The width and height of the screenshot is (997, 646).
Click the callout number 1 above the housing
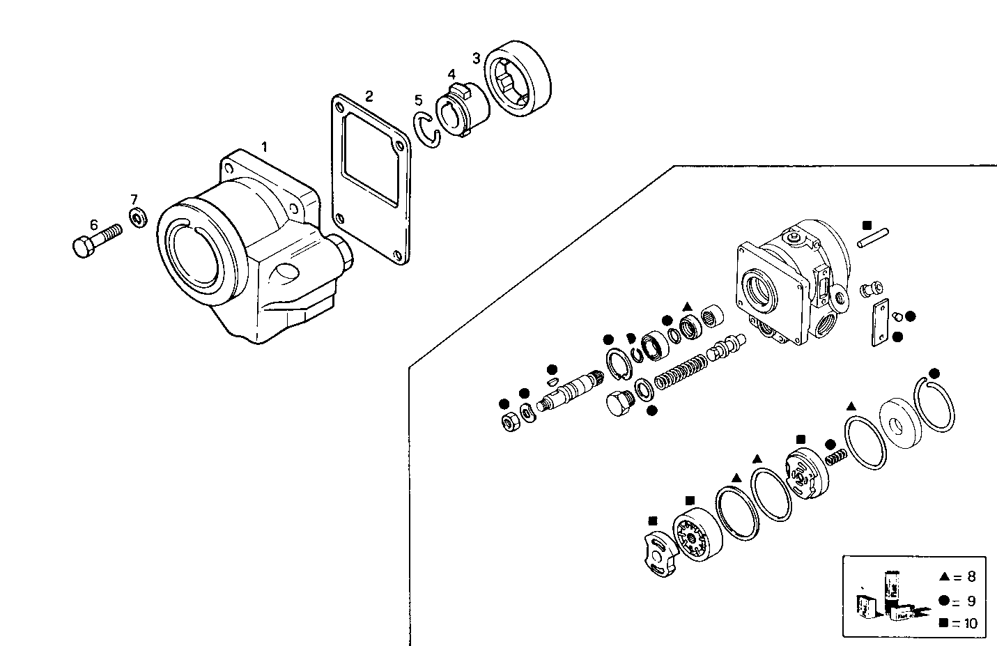pos(264,146)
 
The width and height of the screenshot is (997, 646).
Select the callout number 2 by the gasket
pos(369,95)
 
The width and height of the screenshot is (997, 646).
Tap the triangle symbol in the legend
pos(944,576)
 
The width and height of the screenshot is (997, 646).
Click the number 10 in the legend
pos(971,623)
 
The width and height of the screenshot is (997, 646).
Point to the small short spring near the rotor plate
pos(835,457)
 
